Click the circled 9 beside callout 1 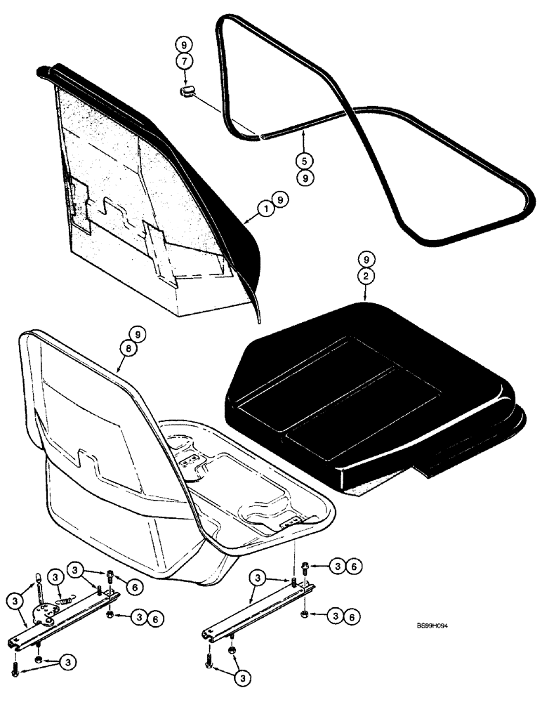pyautogui.click(x=280, y=201)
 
